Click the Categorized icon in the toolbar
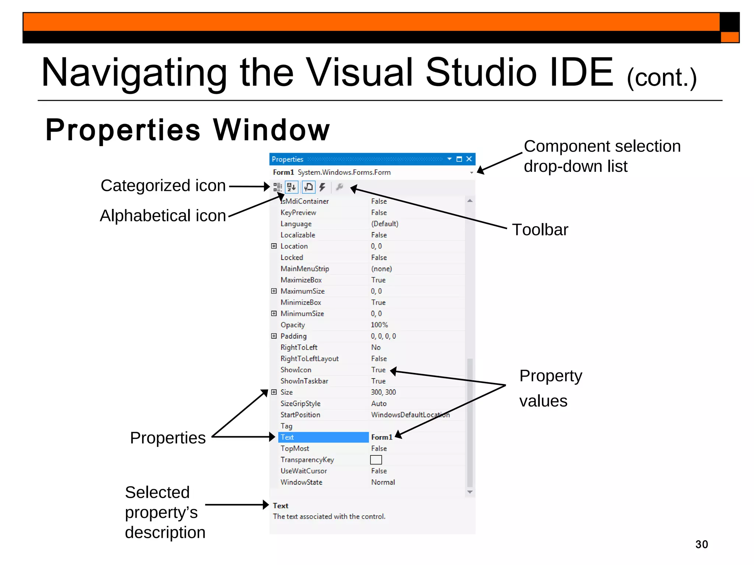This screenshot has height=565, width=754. coord(278,187)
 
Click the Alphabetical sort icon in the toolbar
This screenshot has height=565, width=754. coord(292,187)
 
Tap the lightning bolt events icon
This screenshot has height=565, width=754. coord(323,187)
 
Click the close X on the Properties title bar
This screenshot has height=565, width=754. coord(469,159)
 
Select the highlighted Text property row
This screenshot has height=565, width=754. coord(323,437)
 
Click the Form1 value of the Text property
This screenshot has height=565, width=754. coord(381,437)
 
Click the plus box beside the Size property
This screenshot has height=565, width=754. coord(274,392)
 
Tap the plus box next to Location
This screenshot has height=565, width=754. coord(274,246)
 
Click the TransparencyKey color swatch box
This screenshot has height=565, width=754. coord(376,460)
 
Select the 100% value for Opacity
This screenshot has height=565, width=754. coord(379,325)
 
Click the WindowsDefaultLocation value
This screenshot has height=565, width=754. coord(410,415)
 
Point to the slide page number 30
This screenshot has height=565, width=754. coord(701,544)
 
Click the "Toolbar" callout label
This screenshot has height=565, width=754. coord(540,230)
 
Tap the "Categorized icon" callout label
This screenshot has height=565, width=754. coord(163,185)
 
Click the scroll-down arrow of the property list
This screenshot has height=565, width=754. coord(470,492)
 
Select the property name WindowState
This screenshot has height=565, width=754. coord(301,482)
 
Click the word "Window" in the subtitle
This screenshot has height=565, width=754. coord(271,130)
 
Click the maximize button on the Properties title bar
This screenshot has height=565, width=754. coord(459,159)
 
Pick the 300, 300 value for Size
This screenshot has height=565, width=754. coord(383,392)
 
